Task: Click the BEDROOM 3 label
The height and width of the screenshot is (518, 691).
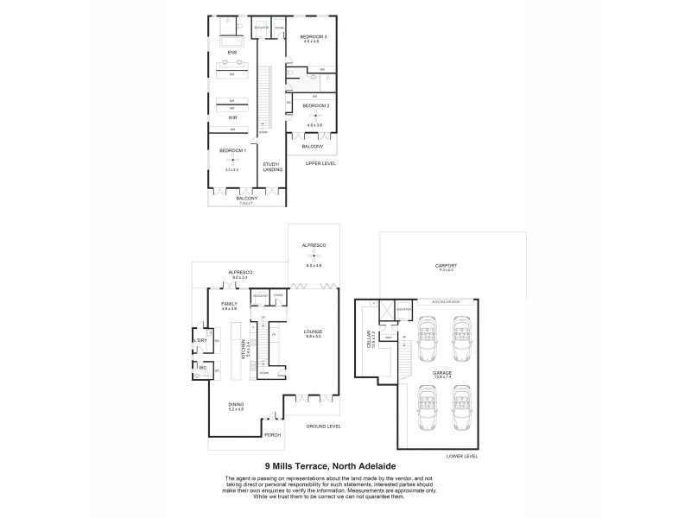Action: click(x=314, y=37)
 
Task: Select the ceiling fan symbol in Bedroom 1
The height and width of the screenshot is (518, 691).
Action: click(x=233, y=159)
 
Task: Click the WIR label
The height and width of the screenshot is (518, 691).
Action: click(x=232, y=117)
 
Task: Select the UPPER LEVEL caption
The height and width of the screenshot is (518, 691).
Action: click(x=320, y=163)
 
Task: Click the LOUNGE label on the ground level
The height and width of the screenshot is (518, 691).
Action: click(x=313, y=331)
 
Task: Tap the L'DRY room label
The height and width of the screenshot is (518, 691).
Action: click(x=200, y=340)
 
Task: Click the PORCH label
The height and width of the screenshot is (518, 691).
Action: click(x=273, y=434)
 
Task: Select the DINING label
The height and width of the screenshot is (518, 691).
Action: click(x=236, y=405)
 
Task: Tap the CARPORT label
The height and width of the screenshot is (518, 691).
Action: click(x=447, y=265)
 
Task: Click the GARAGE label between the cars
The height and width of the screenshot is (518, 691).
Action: click(x=442, y=372)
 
